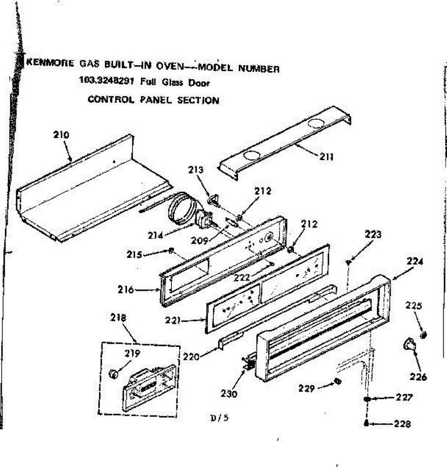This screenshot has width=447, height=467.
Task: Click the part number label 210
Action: point(61,135)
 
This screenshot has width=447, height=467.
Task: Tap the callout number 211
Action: point(326,157)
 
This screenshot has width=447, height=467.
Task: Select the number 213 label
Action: point(195,170)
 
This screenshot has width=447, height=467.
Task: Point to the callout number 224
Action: point(415,262)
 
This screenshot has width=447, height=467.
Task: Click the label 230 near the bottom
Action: point(229,393)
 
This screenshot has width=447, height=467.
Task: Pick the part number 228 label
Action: point(402,424)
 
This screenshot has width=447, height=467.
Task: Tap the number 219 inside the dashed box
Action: point(132,354)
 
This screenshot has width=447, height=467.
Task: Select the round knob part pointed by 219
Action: point(113,374)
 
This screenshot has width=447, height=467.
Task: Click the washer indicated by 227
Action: point(367,399)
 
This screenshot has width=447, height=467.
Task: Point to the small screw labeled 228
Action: point(366,423)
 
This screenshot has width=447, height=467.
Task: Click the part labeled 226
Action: point(408,345)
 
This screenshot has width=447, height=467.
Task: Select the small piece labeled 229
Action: point(337,381)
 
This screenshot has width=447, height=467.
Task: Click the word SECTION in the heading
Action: point(198,100)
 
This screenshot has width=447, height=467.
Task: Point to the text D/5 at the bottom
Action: point(219,418)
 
